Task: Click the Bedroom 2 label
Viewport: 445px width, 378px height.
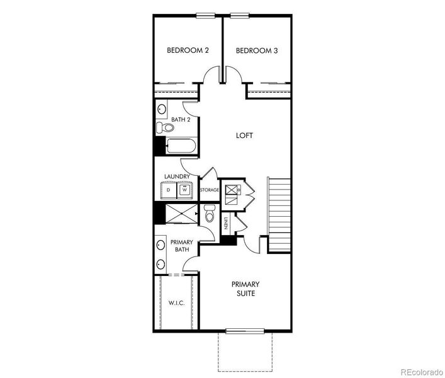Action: (x=188, y=50)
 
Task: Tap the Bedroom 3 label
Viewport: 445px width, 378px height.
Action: (x=257, y=51)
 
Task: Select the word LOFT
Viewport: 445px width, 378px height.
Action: (x=244, y=135)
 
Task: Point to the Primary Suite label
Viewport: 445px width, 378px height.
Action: (x=245, y=289)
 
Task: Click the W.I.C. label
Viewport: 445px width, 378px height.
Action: (x=176, y=303)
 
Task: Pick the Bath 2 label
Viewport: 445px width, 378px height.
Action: (x=181, y=120)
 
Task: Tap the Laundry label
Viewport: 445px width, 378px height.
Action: (x=177, y=176)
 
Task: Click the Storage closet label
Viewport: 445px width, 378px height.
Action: (x=210, y=190)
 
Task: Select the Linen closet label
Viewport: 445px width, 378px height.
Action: (x=226, y=223)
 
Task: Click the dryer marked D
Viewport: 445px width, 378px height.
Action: (x=169, y=190)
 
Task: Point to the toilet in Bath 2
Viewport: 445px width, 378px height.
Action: (x=165, y=127)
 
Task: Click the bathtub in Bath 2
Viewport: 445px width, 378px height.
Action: (x=181, y=146)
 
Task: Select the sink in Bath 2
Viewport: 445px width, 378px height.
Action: (x=162, y=109)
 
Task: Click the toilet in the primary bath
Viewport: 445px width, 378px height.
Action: (x=210, y=213)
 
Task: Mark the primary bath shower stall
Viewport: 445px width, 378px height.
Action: (x=181, y=214)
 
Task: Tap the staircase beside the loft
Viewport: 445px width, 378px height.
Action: (x=279, y=215)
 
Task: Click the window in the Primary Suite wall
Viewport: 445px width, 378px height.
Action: (x=245, y=331)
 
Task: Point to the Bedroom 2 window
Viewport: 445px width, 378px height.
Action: (x=206, y=16)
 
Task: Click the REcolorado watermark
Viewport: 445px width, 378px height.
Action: (x=422, y=372)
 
